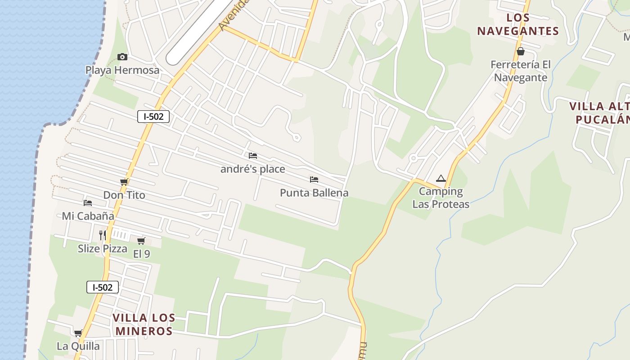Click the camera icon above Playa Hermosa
click(x=122, y=57)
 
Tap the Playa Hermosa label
click(x=122, y=70)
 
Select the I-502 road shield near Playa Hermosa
click(x=153, y=117)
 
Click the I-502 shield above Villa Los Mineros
click(x=103, y=287)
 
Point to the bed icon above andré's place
click(x=253, y=156)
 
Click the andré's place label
click(x=252, y=169)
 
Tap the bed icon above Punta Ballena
click(x=314, y=180)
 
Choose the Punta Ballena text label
click(x=314, y=193)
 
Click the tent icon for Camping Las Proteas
click(x=441, y=179)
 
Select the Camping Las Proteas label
click(x=441, y=198)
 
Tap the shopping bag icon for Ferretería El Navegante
click(x=521, y=51)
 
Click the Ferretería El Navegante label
click(x=521, y=71)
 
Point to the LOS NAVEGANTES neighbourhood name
click(x=518, y=24)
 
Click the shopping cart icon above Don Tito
click(x=124, y=182)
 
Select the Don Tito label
click(x=124, y=195)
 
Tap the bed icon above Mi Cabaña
click(x=88, y=203)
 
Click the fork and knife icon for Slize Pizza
click(x=103, y=235)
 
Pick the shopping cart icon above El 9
click(x=141, y=241)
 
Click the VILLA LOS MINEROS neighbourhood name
click(x=144, y=324)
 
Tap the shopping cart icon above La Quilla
click(x=78, y=333)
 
